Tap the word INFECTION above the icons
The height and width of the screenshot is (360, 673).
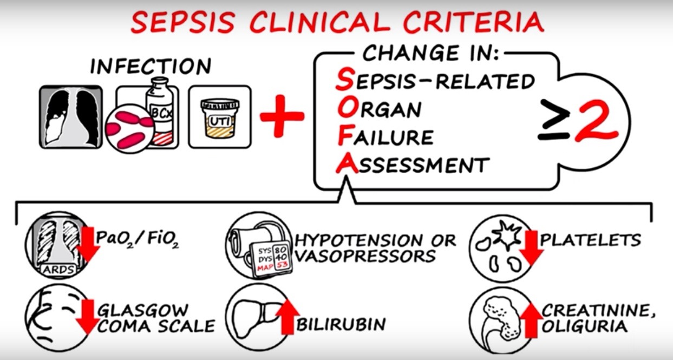pyautogui.click(x=151, y=67)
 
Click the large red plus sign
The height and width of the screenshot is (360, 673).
pyautogui.click(x=282, y=116)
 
